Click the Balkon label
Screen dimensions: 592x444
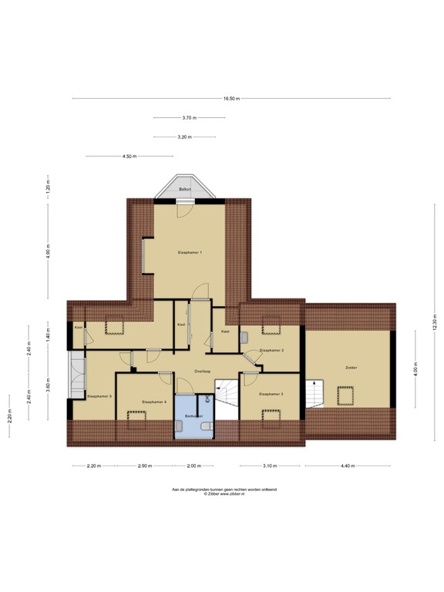(184, 189)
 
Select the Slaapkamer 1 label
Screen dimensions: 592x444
(189, 252)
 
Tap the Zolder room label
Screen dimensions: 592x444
(351, 368)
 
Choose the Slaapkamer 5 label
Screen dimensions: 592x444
(100, 396)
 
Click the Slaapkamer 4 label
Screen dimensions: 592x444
(154, 402)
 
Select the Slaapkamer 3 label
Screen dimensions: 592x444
(271, 394)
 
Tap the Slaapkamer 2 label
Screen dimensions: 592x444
(272, 350)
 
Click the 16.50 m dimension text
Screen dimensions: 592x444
(231, 98)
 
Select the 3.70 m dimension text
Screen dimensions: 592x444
(189, 117)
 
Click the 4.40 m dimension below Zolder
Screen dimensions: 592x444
(349, 466)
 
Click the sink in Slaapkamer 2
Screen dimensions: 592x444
(244, 337)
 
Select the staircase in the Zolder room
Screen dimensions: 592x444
(315, 393)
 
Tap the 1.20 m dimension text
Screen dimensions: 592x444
(48, 187)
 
